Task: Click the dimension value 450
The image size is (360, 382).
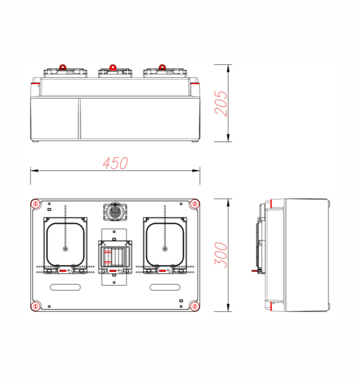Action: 115,163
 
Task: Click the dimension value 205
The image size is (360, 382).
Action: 221,103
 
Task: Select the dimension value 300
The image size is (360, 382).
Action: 221,255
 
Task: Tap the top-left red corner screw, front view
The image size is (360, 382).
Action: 36,203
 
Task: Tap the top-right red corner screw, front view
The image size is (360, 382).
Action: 195,203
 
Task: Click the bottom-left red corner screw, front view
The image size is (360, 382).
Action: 36,306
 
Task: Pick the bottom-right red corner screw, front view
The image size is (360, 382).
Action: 195,306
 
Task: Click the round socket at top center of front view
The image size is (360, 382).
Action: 115,212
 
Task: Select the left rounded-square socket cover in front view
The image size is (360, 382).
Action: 65,244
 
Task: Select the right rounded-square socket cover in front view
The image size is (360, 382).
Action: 165,244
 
